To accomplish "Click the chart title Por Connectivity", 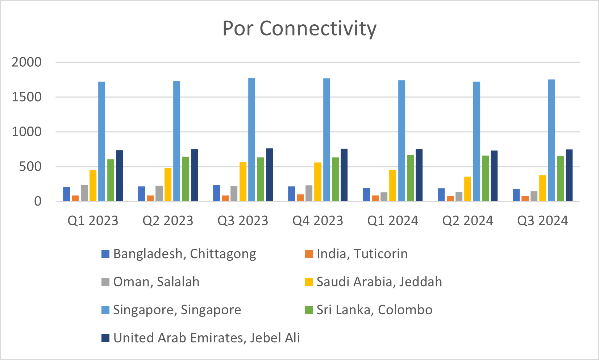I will click(x=299, y=28).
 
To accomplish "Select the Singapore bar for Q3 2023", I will click(x=251, y=140).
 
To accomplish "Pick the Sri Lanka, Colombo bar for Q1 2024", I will click(x=410, y=178).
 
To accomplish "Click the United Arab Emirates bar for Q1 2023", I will click(x=119, y=176).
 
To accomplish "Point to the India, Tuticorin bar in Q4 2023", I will click(x=300, y=198).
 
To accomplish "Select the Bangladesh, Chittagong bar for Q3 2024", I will click(x=516, y=195).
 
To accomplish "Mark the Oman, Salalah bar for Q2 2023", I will click(x=159, y=193).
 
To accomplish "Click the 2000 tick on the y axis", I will click(x=26, y=62).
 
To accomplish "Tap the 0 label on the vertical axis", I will click(x=38, y=201).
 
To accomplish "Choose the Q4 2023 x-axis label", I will click(x=317, y=220).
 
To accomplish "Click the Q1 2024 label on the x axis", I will click(x=392, y=220).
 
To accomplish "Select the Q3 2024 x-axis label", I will click(x=542, y=220).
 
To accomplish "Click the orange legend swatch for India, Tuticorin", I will click(x=309, y=254).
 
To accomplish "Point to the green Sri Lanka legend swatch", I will click(x=309, y=310).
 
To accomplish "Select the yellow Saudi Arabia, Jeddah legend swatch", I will click(x=309, y=282).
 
